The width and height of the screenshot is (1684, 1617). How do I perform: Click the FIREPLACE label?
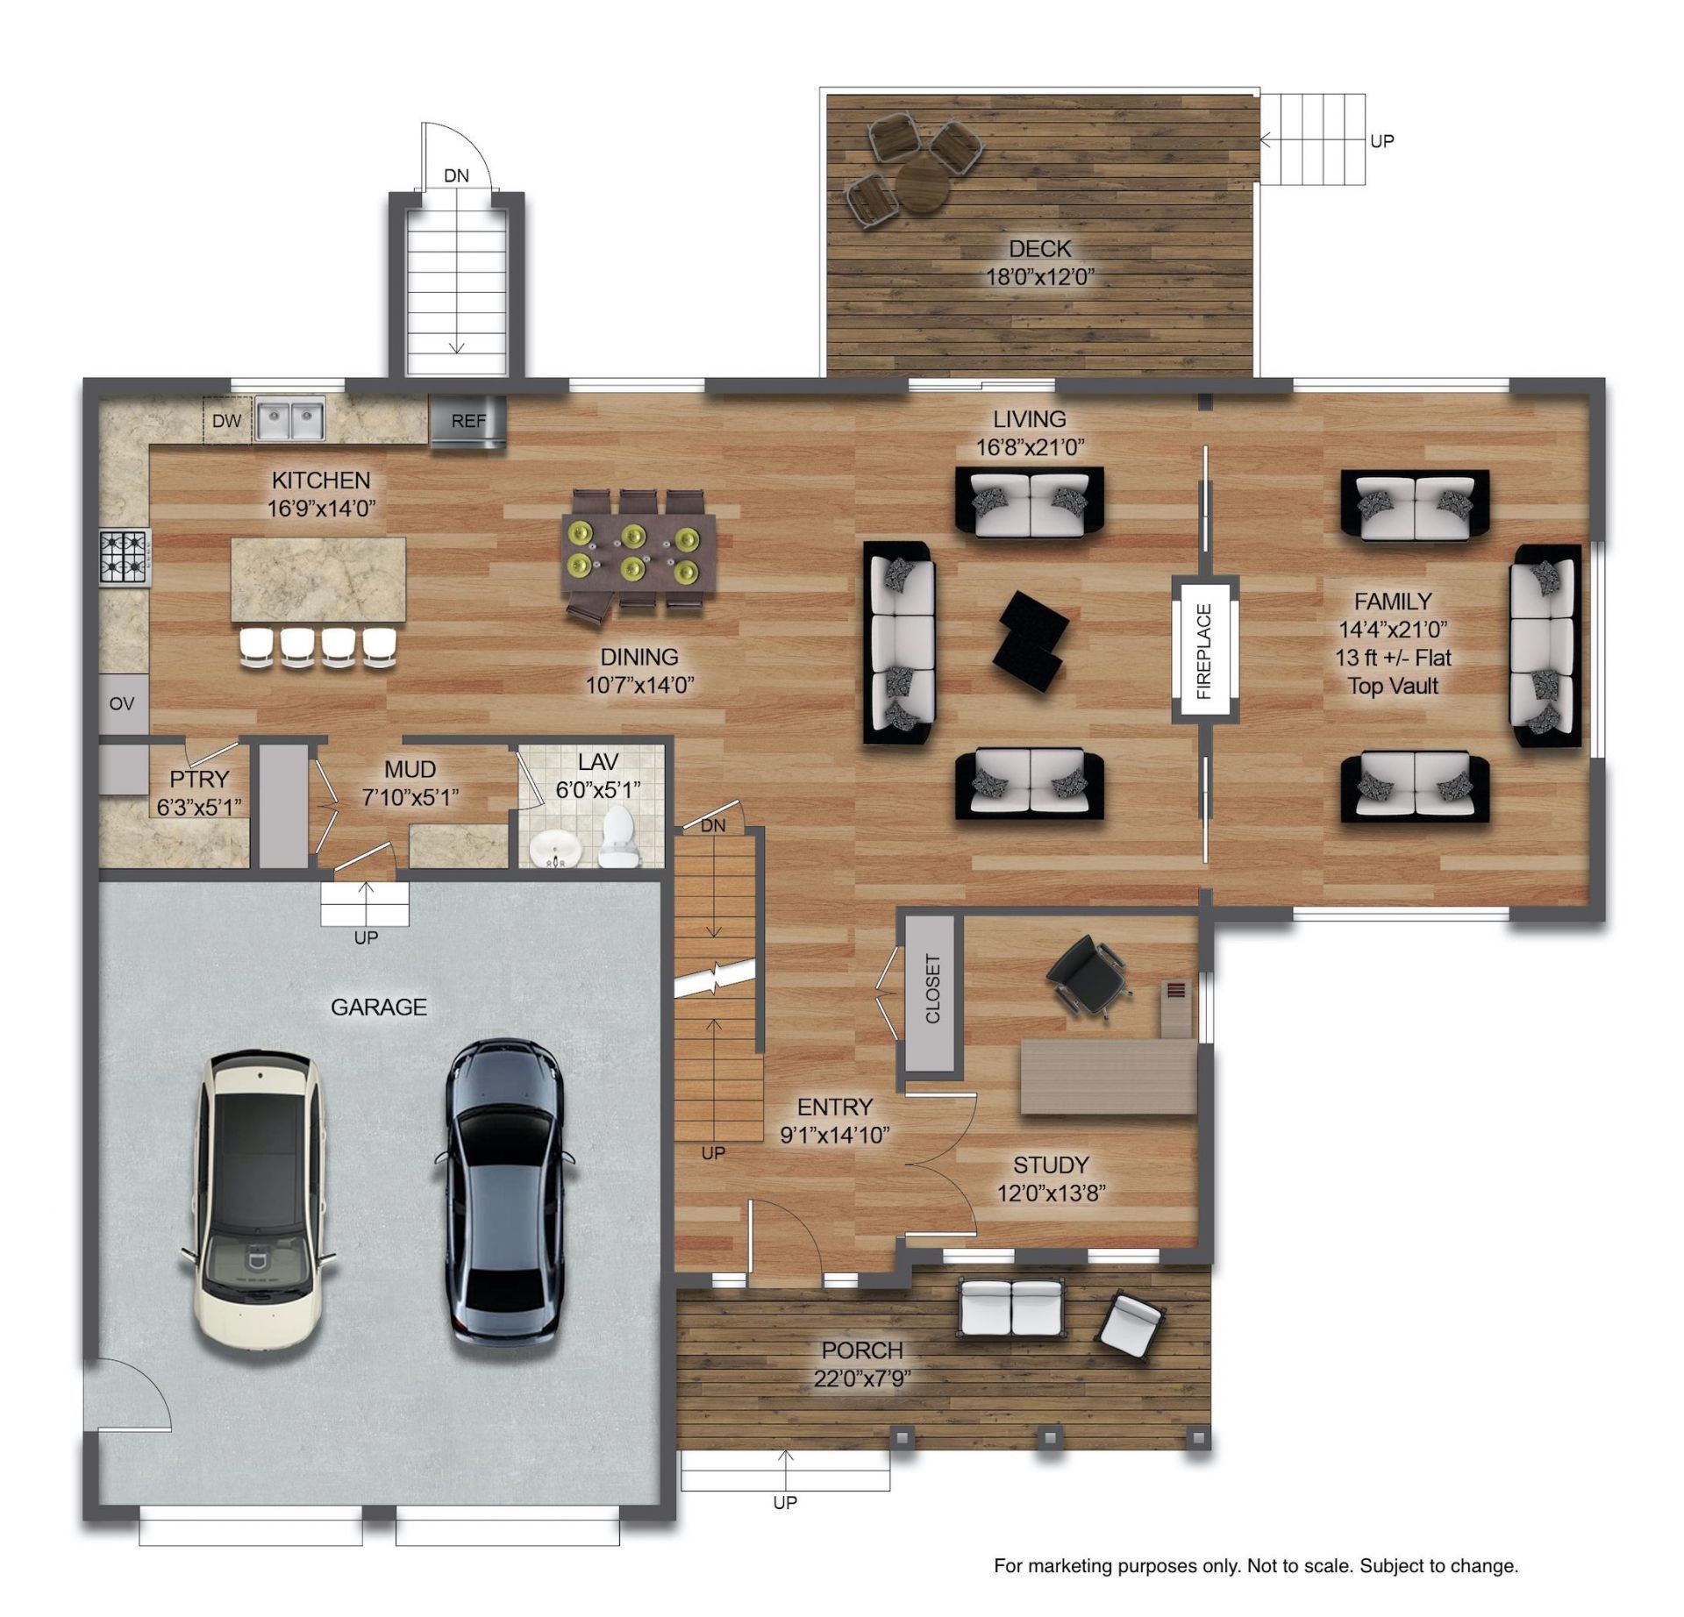tap(1203, 651)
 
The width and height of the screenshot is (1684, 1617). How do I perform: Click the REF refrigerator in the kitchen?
tap(467, 421)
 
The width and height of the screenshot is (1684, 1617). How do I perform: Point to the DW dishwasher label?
tap(226, 420)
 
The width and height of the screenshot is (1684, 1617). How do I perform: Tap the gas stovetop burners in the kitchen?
tap(125, 558)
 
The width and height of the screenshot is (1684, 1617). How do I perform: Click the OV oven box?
tap(123, 703)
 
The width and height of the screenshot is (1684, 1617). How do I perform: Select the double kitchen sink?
tap(289, 418)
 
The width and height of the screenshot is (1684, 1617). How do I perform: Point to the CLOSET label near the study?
tap(931, 988)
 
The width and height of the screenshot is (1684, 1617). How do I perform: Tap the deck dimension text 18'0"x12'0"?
tap(1040, 277)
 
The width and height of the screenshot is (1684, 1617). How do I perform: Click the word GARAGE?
tap(379, 1007)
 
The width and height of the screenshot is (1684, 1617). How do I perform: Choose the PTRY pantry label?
tap(199, 779)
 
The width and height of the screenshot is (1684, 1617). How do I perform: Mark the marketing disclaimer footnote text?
tap(1256, 1565)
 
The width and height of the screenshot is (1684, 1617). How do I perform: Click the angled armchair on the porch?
tap(1132, 1324)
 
